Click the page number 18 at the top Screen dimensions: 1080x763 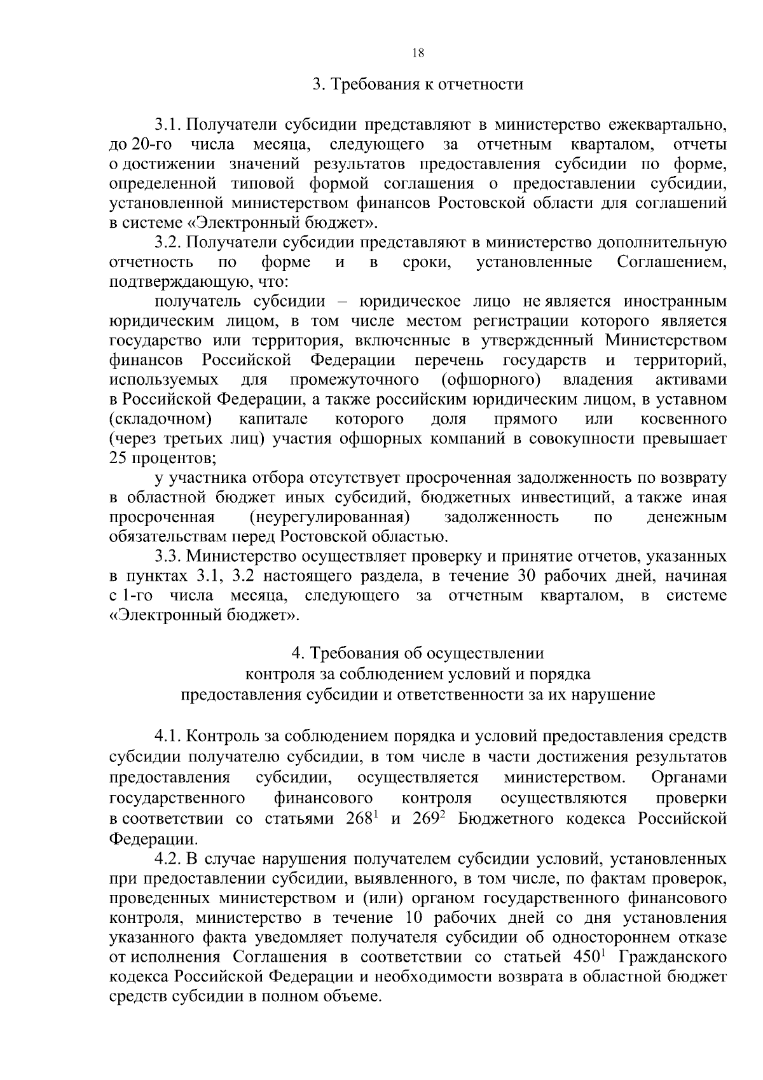click(x=418, y=53)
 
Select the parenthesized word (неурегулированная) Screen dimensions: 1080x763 click(x=329, y=516)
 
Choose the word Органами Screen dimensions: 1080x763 click(x=689, y=777)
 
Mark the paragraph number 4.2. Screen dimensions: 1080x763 click(x=168, y=859)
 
